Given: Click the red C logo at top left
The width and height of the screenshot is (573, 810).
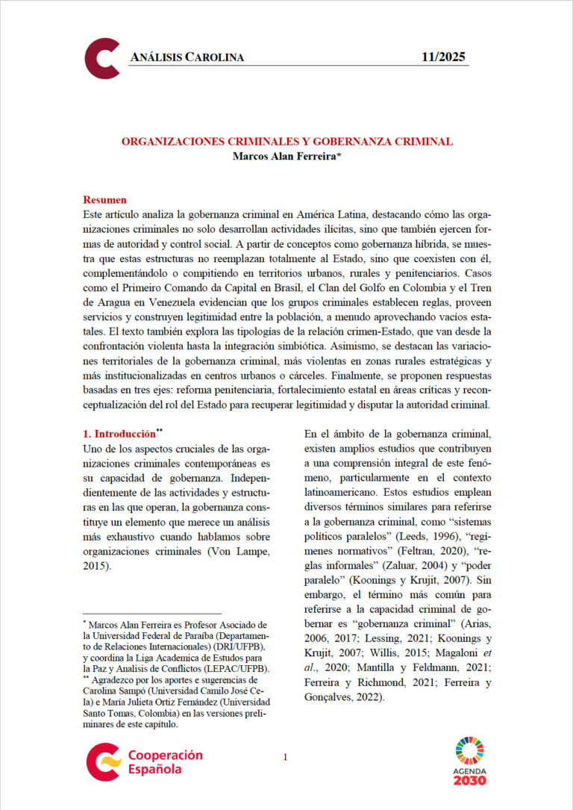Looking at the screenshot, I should pyautogui.click(x=102, y=58).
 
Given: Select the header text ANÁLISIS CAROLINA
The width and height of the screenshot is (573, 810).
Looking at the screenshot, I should pyautogui.click(x=187, y=57).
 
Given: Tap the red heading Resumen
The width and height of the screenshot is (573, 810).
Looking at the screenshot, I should pyautogui.click(x=104, y=200).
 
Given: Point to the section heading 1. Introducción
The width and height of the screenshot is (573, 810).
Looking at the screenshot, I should pyautogui.click(x=119, y=433).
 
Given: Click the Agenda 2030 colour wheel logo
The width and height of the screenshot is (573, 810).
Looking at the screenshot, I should pyautogui.click(x=469, y=750).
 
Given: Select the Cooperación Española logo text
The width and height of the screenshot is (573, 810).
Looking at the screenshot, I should pyautogui.click(x=165, y=761).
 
